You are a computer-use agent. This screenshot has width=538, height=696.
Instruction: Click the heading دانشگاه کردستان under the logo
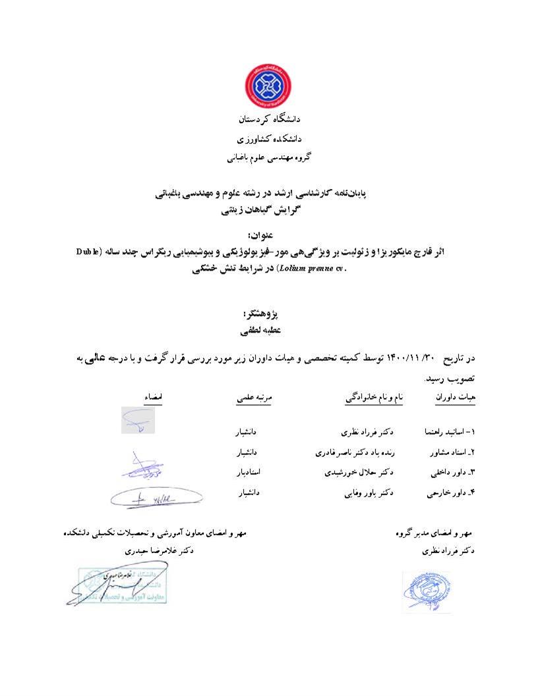[268, 120]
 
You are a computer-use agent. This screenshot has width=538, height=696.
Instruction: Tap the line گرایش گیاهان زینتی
[268, 211]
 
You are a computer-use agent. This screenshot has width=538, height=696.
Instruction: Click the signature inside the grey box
[138, 420]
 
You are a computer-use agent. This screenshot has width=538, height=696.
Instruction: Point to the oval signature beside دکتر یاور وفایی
[156, 498]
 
